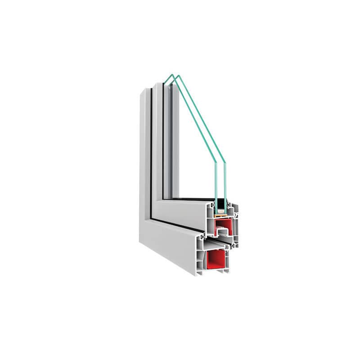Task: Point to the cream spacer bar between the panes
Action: [220, 212]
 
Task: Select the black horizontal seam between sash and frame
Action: [180, 225]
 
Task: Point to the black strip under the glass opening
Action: [189, 198]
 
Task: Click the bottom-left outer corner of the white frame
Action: [140, 243]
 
